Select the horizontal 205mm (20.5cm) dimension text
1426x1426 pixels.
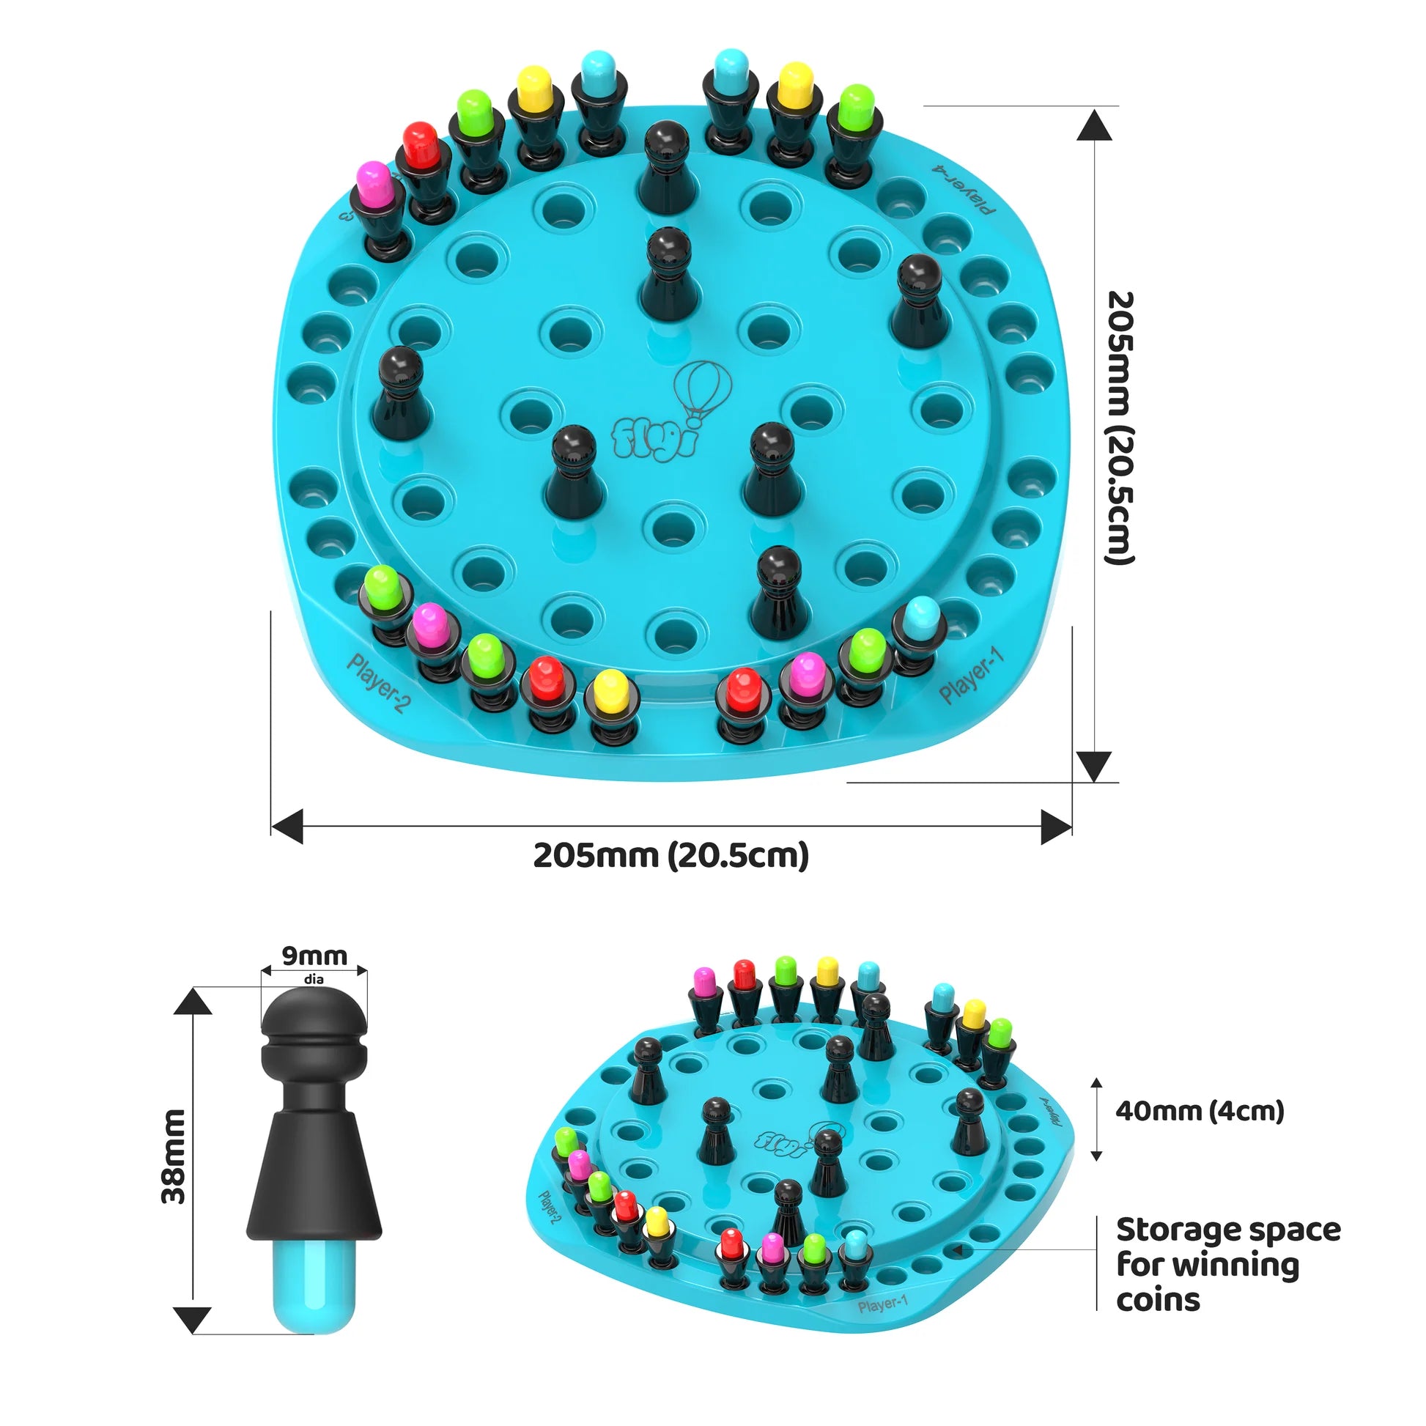[x=671, y=855]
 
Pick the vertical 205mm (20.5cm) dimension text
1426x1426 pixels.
[x=1119, y=429]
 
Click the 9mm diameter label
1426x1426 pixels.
[x=314, y=956]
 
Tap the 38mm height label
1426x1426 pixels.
[x=174, y=1156]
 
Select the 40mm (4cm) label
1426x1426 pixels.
[x=1200, y=1111]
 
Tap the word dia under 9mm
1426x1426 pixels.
[x=314, y=980]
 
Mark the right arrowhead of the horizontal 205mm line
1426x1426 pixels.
[x=1056, y=827]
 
